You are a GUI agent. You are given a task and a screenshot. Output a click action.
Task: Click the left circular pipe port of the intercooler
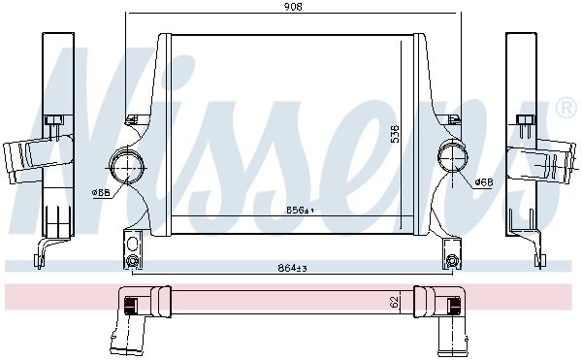(126, 168)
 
